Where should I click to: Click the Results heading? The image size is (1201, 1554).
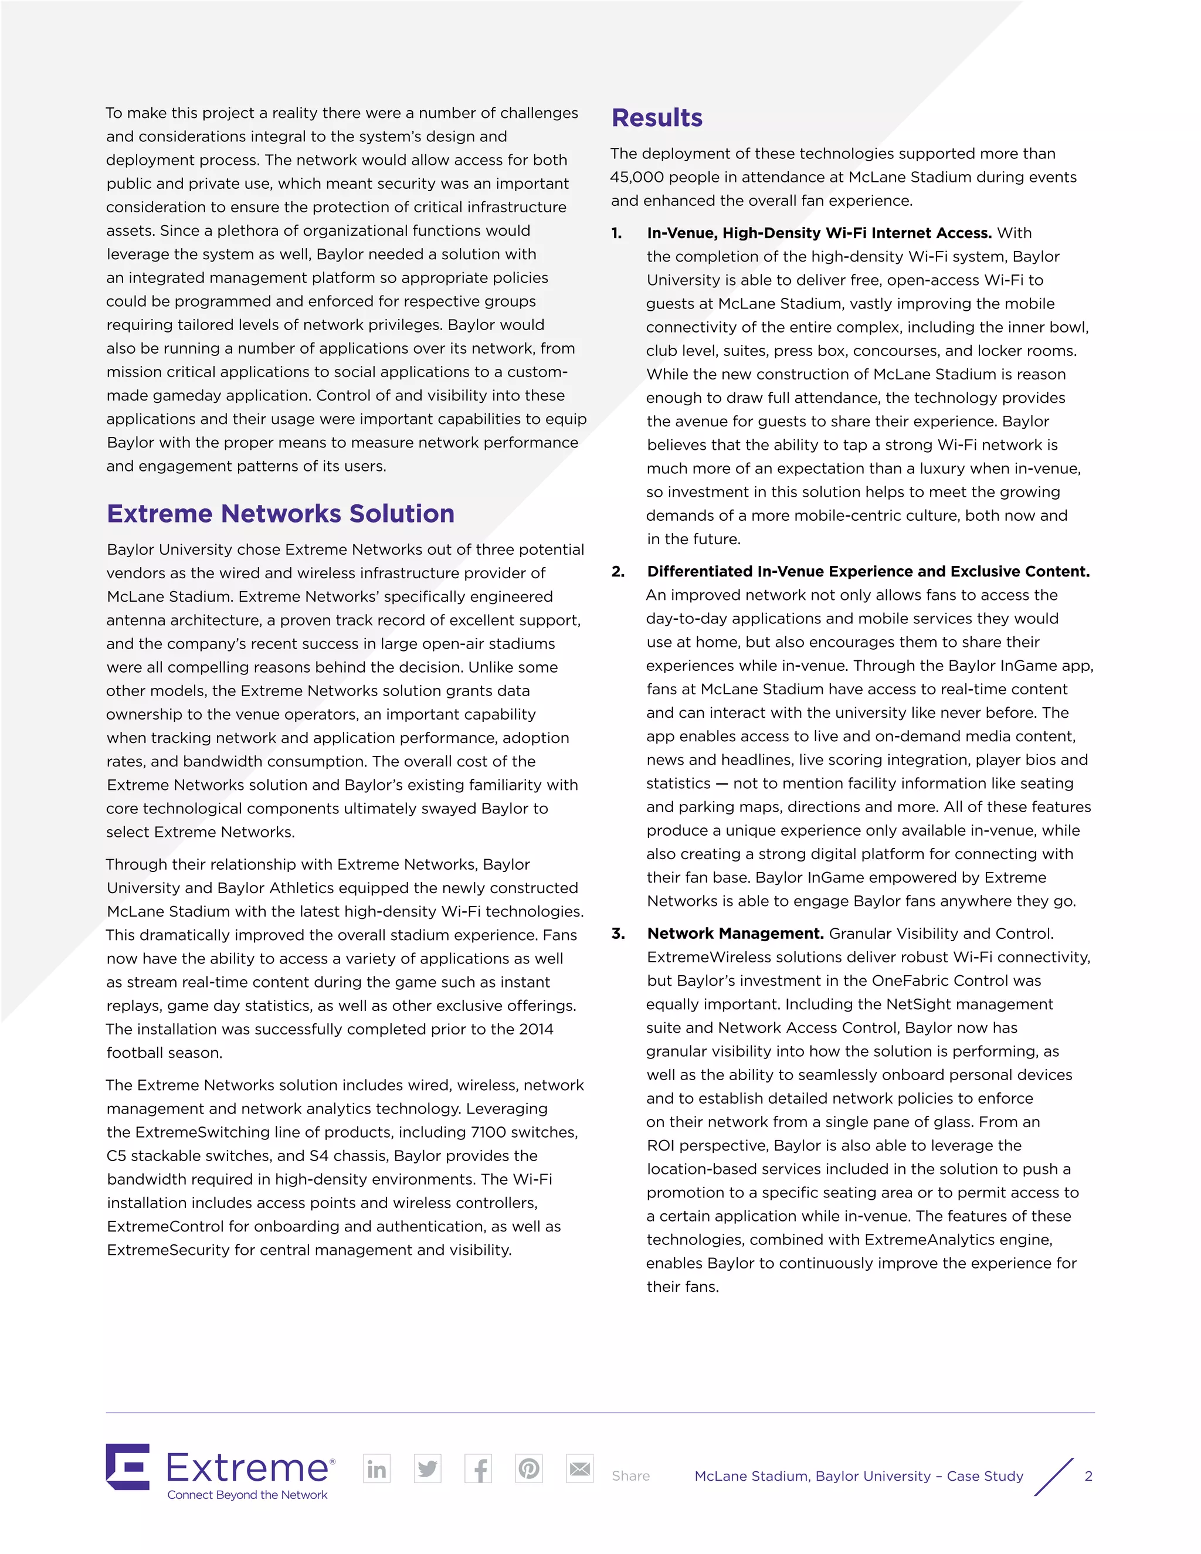point(657,118)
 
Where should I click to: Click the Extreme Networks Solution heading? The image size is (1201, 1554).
point(280,514)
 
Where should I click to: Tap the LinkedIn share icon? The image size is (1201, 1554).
point(376,1468)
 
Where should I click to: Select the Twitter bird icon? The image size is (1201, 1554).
point(428,1468)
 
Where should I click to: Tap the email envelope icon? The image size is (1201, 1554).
point(580,1468)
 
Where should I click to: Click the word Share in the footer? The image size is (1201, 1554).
point(630,1477)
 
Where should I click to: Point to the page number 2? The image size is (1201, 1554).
point(1088,1477)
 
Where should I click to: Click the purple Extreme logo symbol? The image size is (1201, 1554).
point(128,1467)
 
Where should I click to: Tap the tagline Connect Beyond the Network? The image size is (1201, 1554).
point(247,1495)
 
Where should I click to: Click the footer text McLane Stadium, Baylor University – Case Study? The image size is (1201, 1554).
point(858,1477)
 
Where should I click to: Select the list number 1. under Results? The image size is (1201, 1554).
point(617,233)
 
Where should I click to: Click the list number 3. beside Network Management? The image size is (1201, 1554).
point(618,934)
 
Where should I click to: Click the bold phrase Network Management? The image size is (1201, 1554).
point(735,934)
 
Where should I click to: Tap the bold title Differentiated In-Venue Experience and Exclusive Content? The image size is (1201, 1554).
point(868,571)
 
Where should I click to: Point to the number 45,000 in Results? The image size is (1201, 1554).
point(637,177)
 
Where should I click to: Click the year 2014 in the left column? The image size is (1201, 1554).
point(536,1029)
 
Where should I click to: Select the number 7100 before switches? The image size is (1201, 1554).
point(489,1132)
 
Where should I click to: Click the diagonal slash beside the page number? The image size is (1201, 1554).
point(1054,1477)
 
